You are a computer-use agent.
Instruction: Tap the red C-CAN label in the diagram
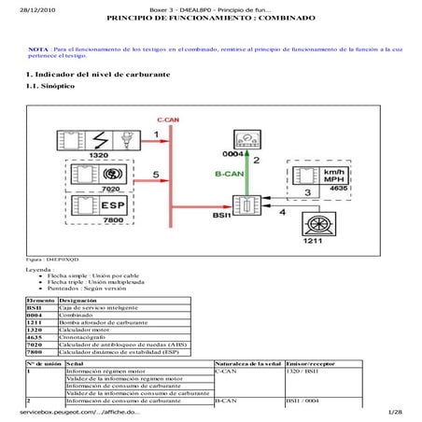pyautogui.click(x=168, y=121)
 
